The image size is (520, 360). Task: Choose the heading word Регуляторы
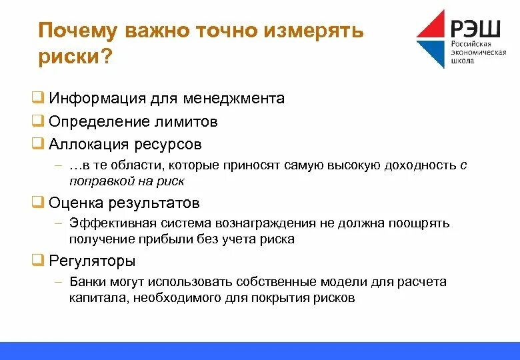click(x=93, y=261)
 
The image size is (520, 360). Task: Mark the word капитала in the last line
click(x=97, y=298)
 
